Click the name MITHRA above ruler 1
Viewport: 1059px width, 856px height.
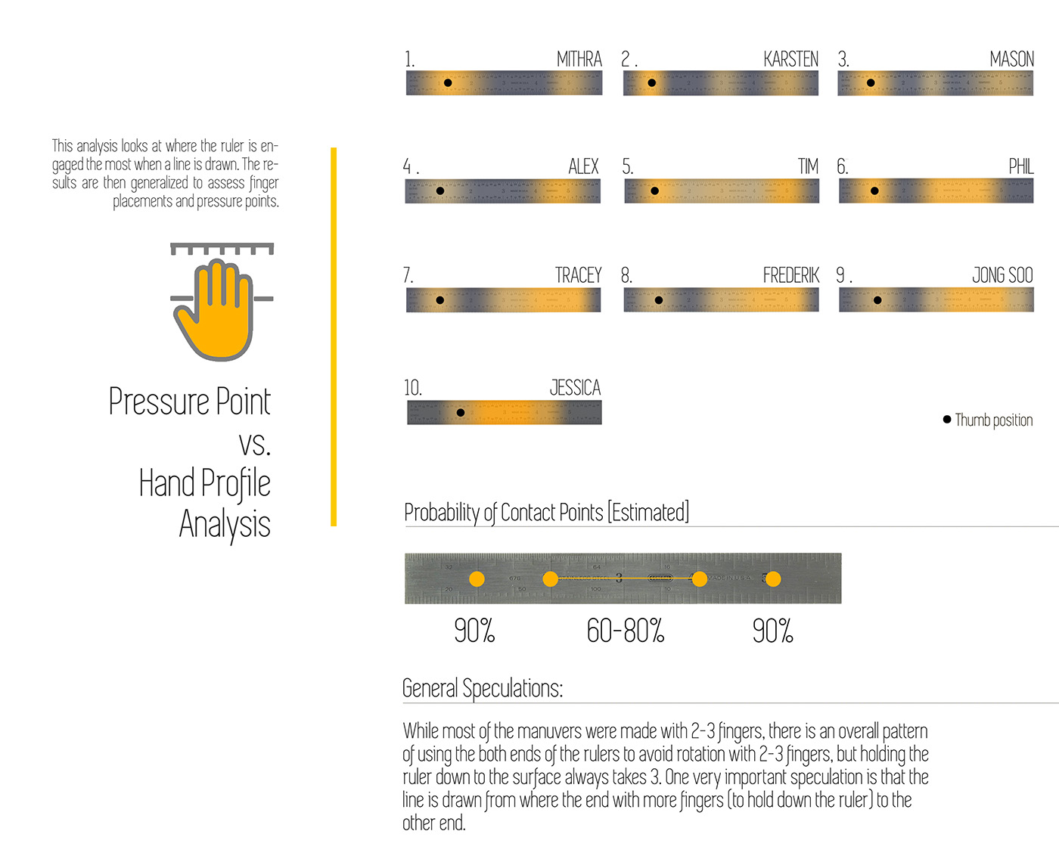(x=579, y=59)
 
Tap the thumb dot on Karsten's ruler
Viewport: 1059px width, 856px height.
(x=652, y=83)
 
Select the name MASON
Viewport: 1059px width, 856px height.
(x=1011, y=59)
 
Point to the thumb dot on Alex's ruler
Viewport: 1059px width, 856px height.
(x=440, y=191)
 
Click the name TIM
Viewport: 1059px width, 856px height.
(x=808, y=166)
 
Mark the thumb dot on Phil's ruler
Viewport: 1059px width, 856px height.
(x=874, y=191)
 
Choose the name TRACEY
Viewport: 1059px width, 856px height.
(x=578, y=275)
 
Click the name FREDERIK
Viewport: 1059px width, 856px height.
(x=790, y=275)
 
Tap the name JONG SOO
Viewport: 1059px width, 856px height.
(x=1002, y=275)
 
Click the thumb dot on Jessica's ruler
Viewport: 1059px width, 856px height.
(x=461, y=413)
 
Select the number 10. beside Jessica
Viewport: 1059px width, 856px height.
(x=412, y=388)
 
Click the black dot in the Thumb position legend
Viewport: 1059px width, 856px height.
(x=947, y=419)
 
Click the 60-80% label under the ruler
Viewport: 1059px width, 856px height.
(x=626, y=631)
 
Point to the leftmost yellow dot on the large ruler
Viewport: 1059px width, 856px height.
(x=477, y=579)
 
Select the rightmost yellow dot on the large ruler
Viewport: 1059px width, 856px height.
(x=772, y=579)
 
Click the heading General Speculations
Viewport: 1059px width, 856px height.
(x=483, y=688)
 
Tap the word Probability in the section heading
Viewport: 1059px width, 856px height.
(x=441, y=513)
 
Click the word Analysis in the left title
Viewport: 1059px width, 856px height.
(x=225, y=524)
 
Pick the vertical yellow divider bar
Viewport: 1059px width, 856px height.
(x=334, y=337)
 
